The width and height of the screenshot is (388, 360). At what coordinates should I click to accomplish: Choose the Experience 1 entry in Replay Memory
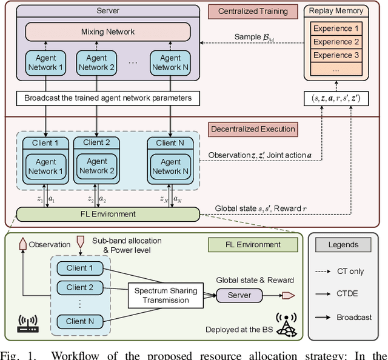[336, 28]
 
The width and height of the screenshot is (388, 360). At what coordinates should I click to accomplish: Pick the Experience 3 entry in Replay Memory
[336, 55]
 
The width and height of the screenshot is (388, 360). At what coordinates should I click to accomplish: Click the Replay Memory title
[336, 10]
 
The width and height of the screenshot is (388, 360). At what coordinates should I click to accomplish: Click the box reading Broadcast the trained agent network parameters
[109, 98]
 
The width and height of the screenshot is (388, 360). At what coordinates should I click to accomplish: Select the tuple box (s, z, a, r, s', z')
[336, 98]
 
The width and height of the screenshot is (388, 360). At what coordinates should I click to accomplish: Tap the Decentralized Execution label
[253, 128]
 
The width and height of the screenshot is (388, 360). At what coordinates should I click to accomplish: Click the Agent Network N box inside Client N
[170, 167]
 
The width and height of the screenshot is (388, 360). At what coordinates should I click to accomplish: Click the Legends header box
[343, 245]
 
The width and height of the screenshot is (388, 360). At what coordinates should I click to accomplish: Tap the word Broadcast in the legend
[353, 318]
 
